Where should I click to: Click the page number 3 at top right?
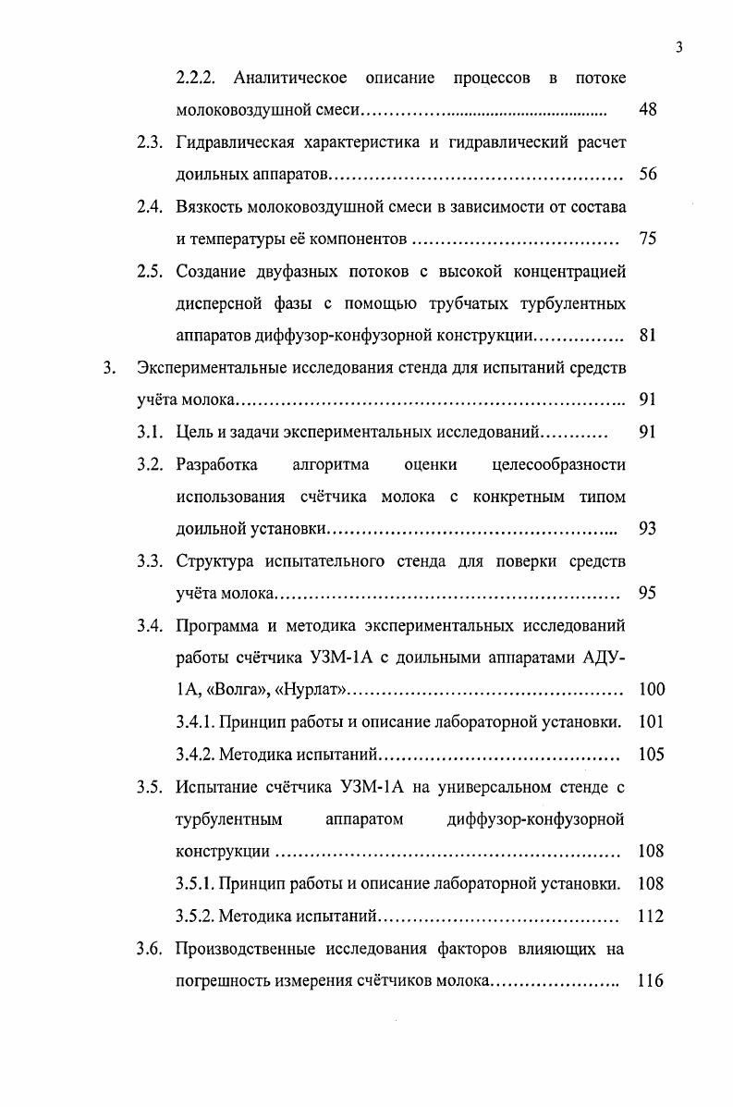click(678, 48)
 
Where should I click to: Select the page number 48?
click(647, 111)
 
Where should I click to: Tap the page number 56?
click(647, 175)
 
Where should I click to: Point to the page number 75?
click(647, 240)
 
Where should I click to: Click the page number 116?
click(651, 981)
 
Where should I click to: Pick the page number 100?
click(651, 690)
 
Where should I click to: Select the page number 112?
click(651, 916)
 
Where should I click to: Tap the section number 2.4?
click(151, 207)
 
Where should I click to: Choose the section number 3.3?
click(151, 560)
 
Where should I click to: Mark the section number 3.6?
click(151, 949)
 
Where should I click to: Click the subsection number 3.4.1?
click(196, 722)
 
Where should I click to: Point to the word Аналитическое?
click(290, 79)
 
